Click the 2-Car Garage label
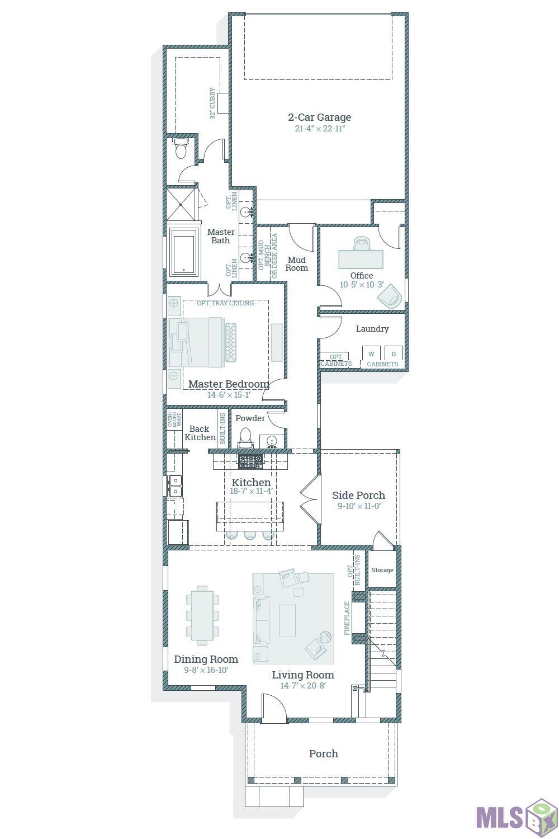(x=319, y=117)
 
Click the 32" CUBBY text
(x=212, y=103)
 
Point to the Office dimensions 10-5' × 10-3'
(x=361, y=285)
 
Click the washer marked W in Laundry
(x=371, y=353)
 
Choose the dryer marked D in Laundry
(x=394, y=353)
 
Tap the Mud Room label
(x=296, y=263)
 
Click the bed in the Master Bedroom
(x=202, y=342)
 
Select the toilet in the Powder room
(x=245, y=438)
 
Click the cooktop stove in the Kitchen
(x=250, y=461)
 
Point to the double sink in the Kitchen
(x=175, y=486)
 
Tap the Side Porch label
(x=358, y=495)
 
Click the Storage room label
(x=382, y=570)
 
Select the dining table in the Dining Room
(x=202, y=615)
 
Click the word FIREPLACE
(x=347, y=618)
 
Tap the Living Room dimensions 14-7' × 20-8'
(x=303, y=685)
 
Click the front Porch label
(x=323, y=753)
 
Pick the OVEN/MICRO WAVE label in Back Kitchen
(x=174, y=419)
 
